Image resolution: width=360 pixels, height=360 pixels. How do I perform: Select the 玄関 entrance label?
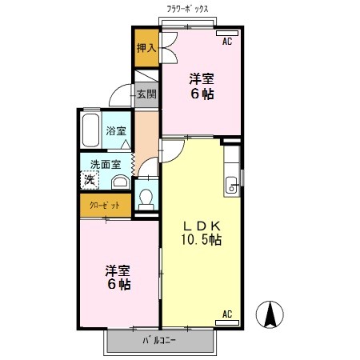coord(146,94)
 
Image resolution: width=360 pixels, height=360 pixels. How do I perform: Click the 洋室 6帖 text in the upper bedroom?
coord(202,86)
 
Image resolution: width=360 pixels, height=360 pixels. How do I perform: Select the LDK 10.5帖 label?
coord(200,232)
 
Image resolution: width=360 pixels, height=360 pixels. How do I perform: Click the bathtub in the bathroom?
coord(90,130)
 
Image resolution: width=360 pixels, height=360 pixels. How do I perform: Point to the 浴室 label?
coord(117,130)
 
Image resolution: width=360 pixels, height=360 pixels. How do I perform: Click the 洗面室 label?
coord(105,164)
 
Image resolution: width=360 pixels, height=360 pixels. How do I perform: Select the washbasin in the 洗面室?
coord(118,182)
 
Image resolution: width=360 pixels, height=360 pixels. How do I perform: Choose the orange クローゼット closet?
coord(105,206)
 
